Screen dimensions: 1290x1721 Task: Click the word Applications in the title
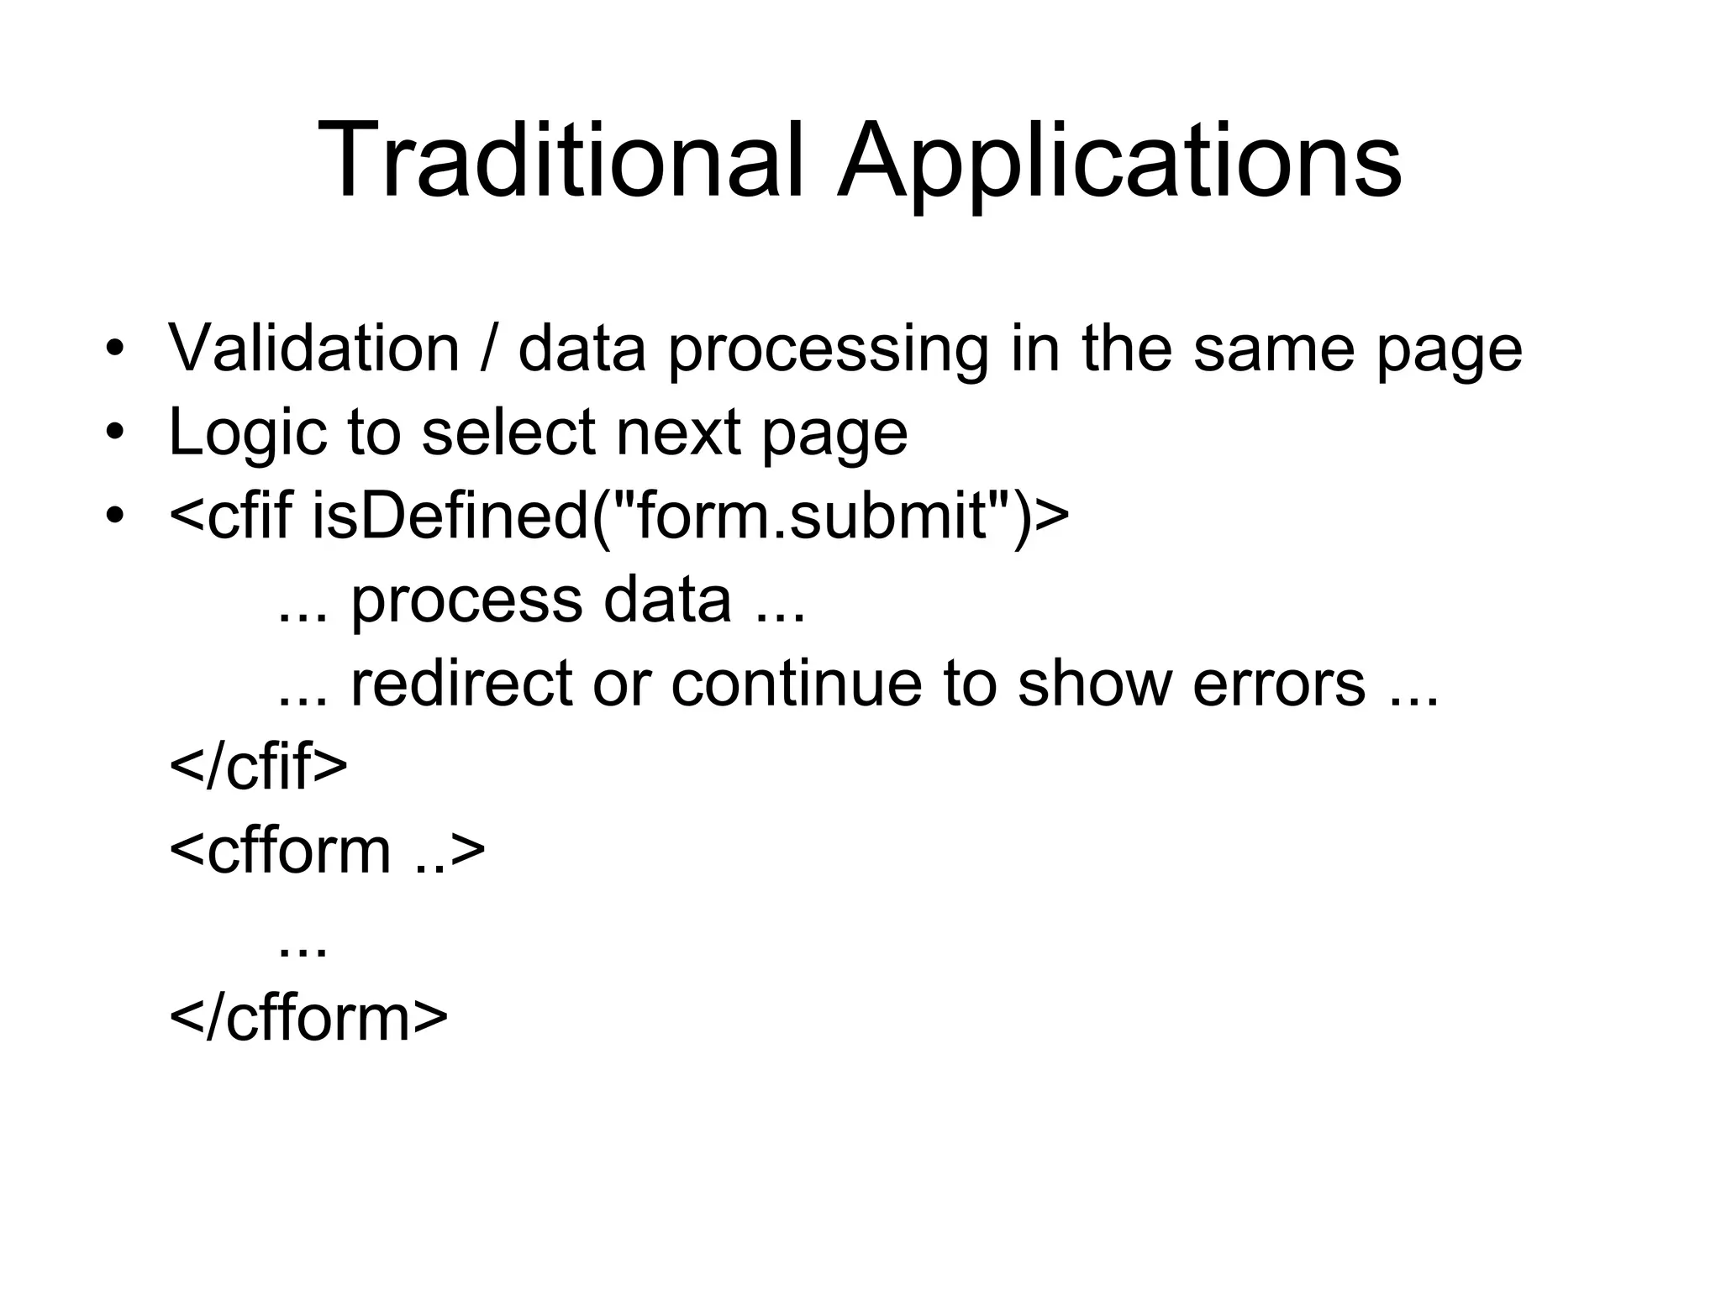point(1119,164)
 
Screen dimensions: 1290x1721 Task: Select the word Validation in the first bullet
point(313,348)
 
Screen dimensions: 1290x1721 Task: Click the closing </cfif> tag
point(258,767)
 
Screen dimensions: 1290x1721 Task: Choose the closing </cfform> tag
point(308,1018)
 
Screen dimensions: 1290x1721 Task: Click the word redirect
point(461,683)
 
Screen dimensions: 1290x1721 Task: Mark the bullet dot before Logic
point(115,433)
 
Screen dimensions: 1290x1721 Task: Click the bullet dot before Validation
point(115,349)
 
